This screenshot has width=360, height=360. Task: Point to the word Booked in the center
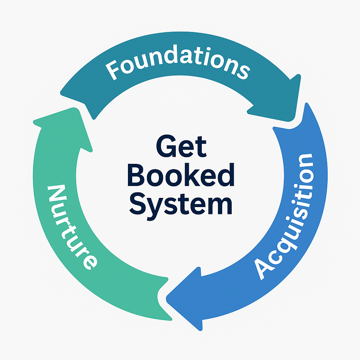[x=181, y=176]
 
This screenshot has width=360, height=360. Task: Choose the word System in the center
[x=181, y=204]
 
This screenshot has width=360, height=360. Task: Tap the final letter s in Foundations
[x=243, y=71]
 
